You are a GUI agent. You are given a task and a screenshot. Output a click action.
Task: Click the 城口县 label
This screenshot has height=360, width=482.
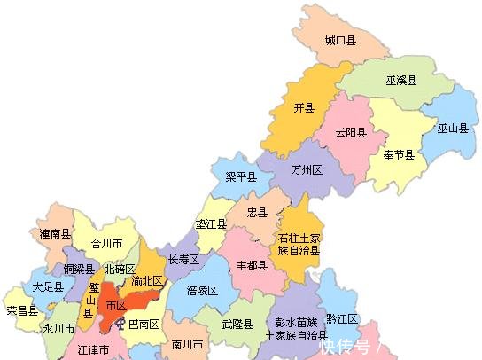(339, 41)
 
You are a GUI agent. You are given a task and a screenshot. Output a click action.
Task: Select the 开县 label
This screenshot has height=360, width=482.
(304, 108)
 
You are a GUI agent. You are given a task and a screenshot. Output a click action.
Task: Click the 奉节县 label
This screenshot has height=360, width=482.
(399, 155)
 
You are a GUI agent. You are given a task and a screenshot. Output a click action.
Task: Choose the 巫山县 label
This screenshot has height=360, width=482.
(452, 129)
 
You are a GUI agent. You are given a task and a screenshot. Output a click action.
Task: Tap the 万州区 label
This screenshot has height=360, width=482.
(307, 169)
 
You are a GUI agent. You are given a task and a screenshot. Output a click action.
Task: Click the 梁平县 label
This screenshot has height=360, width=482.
(240, 177)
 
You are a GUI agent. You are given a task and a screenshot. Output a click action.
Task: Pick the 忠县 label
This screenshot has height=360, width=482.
(257, 213)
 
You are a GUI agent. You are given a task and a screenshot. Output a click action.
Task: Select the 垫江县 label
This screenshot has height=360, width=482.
(211, 224)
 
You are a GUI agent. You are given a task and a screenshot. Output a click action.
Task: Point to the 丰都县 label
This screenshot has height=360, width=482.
(252, 266)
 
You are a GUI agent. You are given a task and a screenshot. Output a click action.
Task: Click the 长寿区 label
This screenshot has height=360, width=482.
(183, 260)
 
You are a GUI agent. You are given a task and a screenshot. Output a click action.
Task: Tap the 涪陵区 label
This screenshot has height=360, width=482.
(202, 290)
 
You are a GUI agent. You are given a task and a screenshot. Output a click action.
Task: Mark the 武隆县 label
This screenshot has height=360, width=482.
(237, 325)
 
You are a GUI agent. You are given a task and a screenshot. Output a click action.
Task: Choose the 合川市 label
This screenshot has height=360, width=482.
(107, 243)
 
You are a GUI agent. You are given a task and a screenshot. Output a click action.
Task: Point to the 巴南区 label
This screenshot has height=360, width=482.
(144, 325)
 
